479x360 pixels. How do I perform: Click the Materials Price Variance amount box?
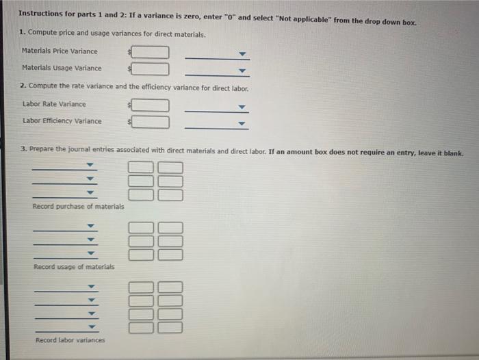pyautogui.click(x=151, y=52)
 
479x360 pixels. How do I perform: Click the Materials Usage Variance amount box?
pyautogui.click(x=151, y=68)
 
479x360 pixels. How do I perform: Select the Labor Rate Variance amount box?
pyautogui.click(x=151, y=105)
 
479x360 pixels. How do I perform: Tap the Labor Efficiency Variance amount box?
pyautogui.click(x=151, y=122)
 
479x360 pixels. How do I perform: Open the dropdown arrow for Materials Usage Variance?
pyautogui.click(x=241, y=70)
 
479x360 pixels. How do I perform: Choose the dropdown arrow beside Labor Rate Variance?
pyautogui.click(x=241, y=107)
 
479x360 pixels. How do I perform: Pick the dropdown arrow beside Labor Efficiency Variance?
pyautogui.click(x=241, y=124)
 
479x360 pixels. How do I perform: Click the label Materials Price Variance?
pyautogui.click(x=60, y=51)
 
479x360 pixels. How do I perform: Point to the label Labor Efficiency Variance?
pyautogui.click(x=62, y=121)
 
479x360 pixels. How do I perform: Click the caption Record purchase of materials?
pyautogui.click(x=78, y=206)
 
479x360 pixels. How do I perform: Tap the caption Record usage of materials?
pyautogui.click(x=74, y=266)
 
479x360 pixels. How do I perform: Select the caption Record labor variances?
pyautogui.click(x=70, y=340)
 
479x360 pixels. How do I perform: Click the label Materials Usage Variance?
pyautogui.click(x=62, y=68)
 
